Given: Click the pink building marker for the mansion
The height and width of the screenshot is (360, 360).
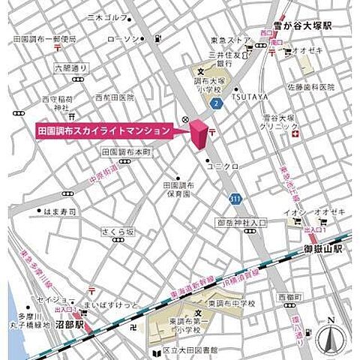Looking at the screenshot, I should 199,134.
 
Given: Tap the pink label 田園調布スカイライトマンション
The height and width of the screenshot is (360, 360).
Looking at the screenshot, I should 103,130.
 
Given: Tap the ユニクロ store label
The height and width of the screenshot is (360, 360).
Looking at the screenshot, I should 223,165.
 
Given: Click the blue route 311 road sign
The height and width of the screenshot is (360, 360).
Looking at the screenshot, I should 235,198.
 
